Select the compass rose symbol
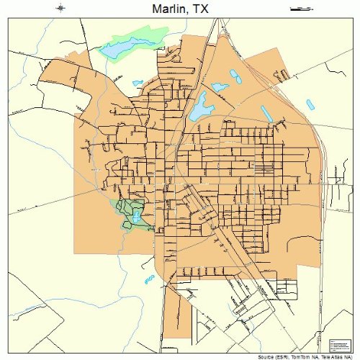61,9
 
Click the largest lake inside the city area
199,107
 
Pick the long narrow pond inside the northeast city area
266,114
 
